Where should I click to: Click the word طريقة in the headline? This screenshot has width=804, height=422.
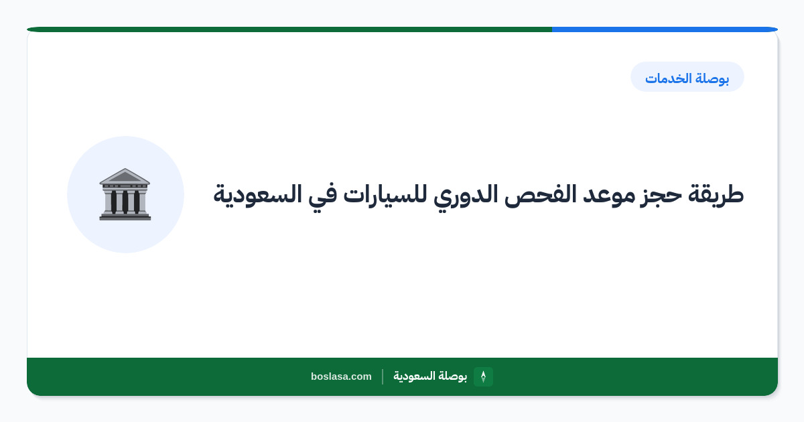(x=716, y=195)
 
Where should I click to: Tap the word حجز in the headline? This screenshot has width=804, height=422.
(x=661, y=196)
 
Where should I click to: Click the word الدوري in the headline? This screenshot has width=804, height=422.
(x=466, y=196)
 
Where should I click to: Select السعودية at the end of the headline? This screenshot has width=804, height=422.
(x=258, y=195)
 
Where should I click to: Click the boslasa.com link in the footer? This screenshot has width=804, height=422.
(x=341, y=376)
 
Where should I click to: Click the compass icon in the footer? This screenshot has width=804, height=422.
(x=483, y=376)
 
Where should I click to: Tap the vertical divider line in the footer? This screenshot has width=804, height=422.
(x=383, y=376)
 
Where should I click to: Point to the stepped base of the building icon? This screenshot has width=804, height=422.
(x=125, y=216)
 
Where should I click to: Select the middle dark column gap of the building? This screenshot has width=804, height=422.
(x=125, y=202)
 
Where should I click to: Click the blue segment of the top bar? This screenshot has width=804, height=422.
(x=665, y=29)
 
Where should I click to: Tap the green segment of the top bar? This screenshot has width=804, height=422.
(x=289, y=29)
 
